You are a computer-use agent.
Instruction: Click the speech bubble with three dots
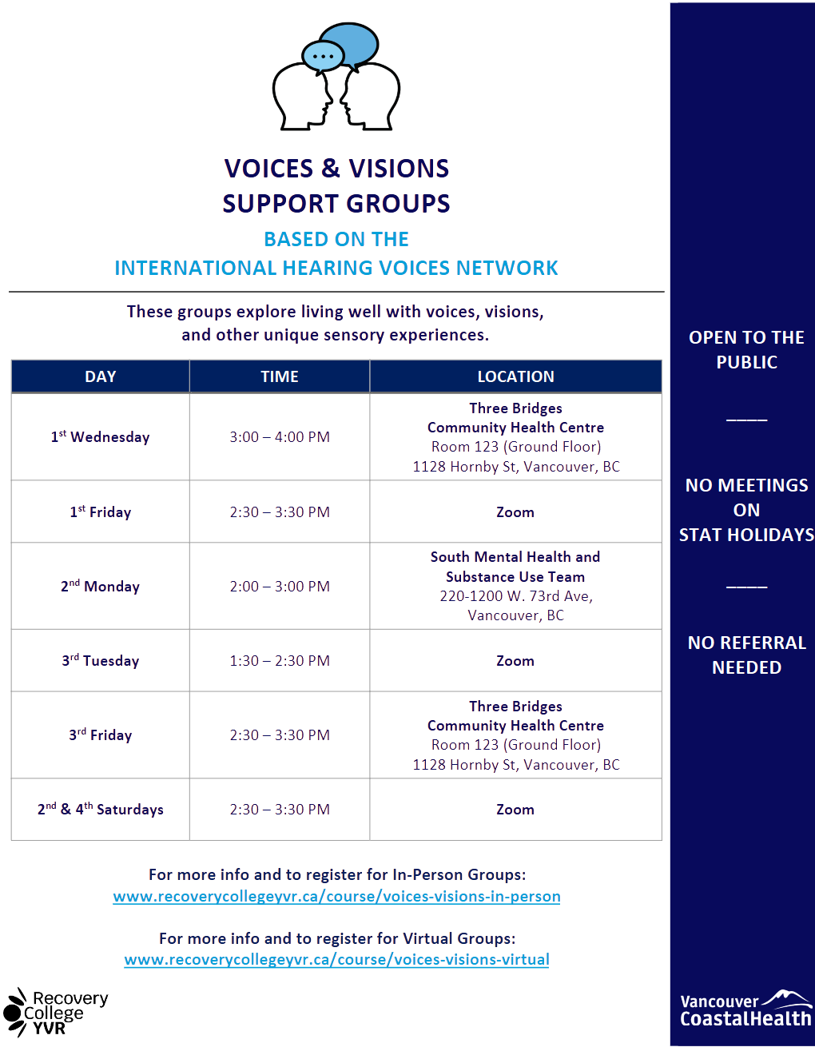pyautogui.click(x=323, y=57)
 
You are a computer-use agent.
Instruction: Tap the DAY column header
pyautogui.click(x=101, y=376)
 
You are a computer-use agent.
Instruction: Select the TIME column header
pyautogui.click(x=280, y=376)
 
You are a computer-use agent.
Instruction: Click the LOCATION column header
pyautogui.click(x=515, y=376)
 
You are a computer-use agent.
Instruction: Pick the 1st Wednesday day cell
pyautogui.click(x=101, y=437)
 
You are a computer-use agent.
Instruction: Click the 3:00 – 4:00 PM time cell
pyautogui.click(x=280, y=437)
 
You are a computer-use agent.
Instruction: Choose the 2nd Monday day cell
pyautogui.click(x=101, y=587)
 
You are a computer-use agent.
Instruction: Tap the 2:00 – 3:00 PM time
pyautogui.click(x=280, y=587)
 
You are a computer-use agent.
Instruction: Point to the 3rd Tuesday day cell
pyautogui.click(x=101, y=661)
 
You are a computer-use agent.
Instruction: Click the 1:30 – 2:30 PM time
pyautogui.click(x=280, y=661)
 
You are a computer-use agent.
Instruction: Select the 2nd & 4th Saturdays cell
pyautogui.click(x=101, y=810)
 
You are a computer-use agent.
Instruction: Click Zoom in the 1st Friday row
pyautogui.click(x=515, y=512)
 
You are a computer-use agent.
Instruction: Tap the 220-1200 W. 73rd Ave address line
pyautogui.click(x=516, y=596)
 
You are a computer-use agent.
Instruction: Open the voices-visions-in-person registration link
pyautogui.click(x=336, y=897)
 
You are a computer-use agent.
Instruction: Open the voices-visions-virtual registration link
pyautogui.click(x=336, y=960)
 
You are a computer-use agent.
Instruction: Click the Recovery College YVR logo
pyautogui.click(x=56, y=1013)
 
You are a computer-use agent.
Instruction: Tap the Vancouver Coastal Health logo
pyautogui.click(x=745, y=1010)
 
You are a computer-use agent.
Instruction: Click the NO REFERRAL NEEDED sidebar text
pyautogui.click(x=746, y=655)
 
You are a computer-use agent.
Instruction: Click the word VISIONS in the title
pyautogui.click(x=399, y=169)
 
